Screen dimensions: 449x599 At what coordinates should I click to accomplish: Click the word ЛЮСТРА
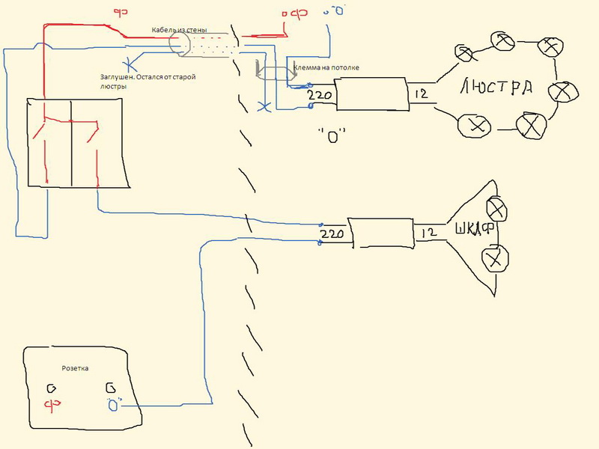(496, 88)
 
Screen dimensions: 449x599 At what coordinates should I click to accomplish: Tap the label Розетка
(75, 369)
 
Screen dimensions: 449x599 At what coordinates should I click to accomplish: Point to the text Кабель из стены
(180, 31)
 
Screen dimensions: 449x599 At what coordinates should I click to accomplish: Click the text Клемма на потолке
(326, 67)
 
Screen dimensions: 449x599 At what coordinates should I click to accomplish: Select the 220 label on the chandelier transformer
(320, 96)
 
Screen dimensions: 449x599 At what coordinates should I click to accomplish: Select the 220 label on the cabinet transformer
(332, 234)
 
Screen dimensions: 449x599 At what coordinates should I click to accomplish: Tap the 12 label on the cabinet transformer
(428, 233)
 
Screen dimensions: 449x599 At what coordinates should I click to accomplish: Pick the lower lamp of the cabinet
(493, 260)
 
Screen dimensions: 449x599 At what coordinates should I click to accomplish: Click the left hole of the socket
(52, 388)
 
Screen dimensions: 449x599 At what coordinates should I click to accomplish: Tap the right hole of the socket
(109, 388)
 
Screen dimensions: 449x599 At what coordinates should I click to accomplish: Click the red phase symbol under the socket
(52, 405)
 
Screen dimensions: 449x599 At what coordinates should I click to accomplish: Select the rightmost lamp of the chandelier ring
(560, 92)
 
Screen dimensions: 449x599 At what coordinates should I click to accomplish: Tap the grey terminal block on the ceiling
(273, 73)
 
